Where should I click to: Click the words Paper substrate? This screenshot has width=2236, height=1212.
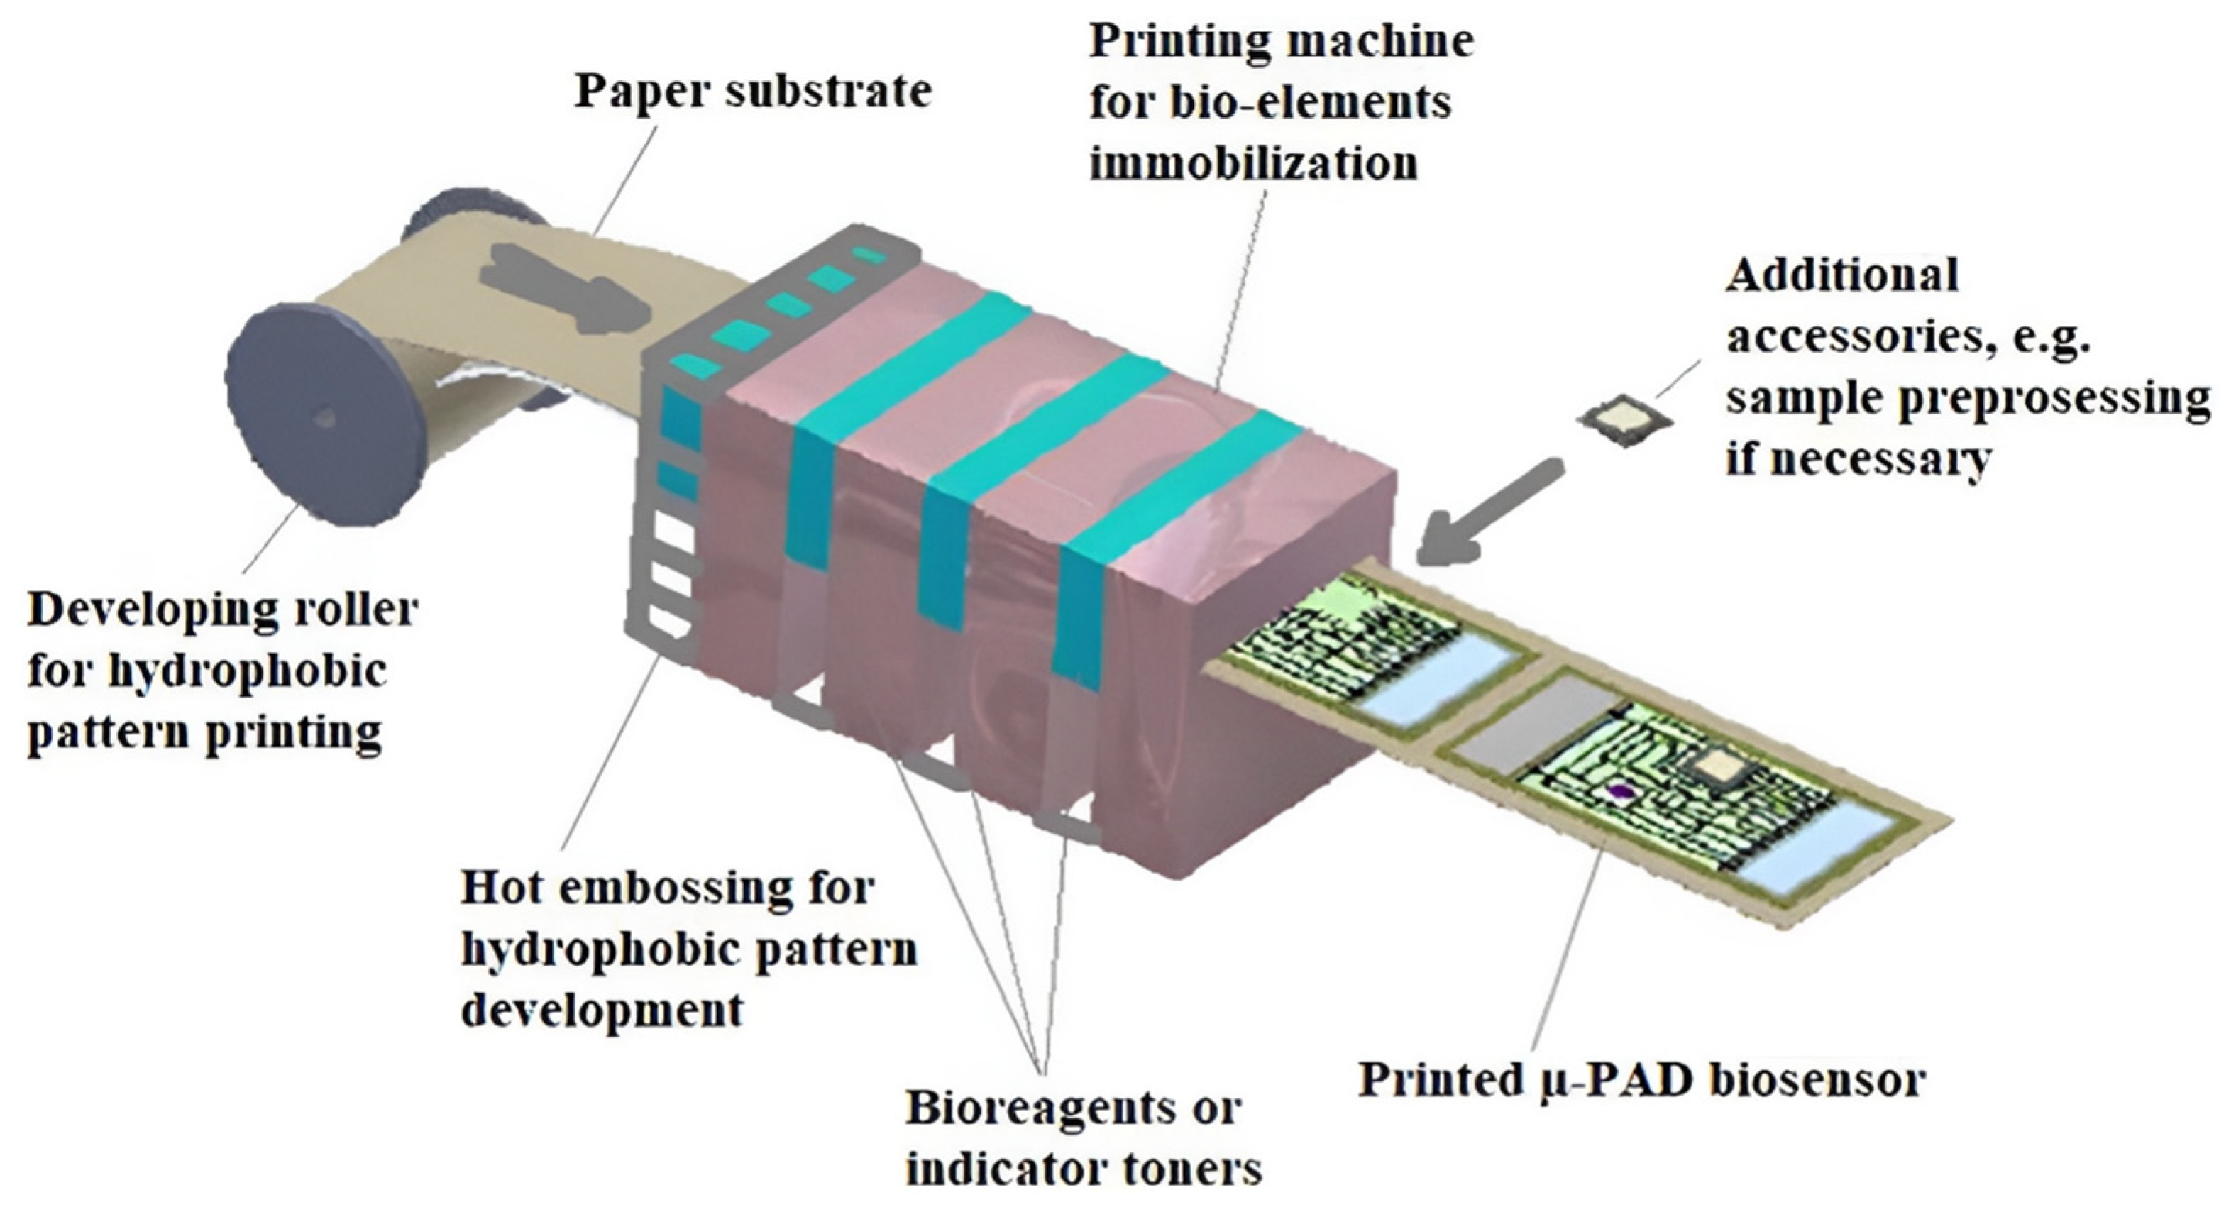pos(753,91)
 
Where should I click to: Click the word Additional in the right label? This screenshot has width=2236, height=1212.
pos(1842,276)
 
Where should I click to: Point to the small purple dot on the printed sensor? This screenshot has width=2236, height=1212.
pos(1617,790)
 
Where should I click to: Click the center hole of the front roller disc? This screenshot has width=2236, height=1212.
pos(324,419)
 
